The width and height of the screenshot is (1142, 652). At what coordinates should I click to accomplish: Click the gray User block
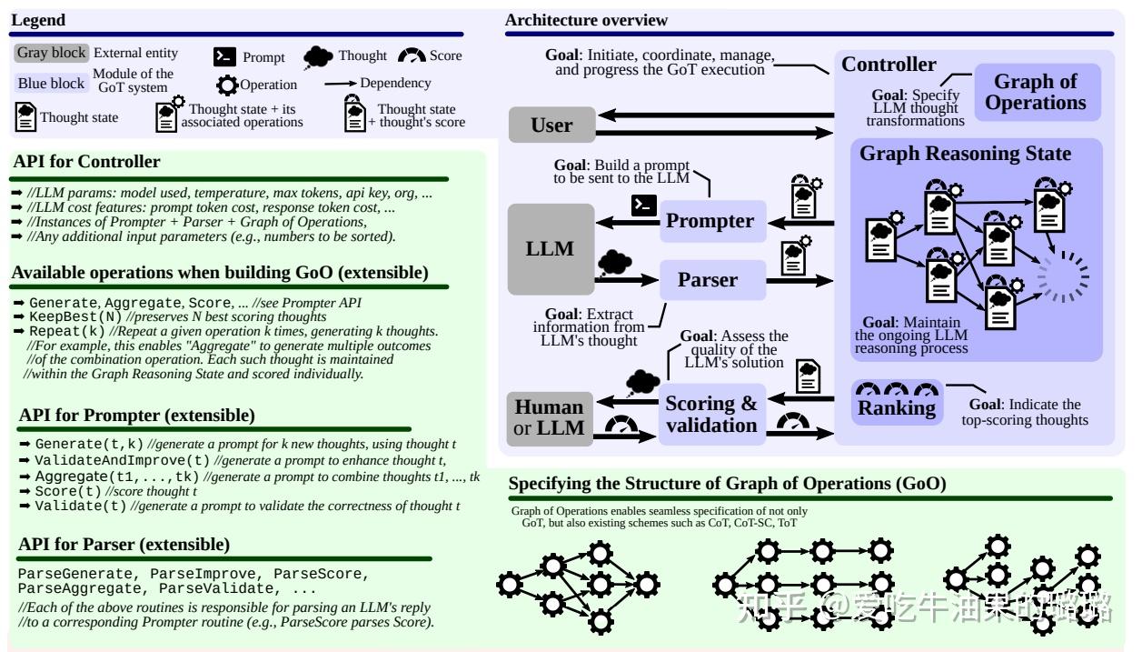[x=551, y=125]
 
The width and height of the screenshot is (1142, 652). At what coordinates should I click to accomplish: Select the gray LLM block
[x=551, y=249]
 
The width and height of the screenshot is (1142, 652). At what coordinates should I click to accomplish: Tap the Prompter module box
[x=713, y=221]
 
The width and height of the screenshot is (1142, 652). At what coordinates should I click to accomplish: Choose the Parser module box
[x=713, y=279]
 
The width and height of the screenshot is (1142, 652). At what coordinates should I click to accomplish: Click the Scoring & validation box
[x=711, y=415]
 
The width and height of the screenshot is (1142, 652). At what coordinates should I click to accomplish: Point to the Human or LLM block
[x=550, y=418]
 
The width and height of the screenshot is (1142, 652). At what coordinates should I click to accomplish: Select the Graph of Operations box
[x=1037, y=92]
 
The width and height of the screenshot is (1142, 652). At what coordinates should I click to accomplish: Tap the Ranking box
[x=897, y=403]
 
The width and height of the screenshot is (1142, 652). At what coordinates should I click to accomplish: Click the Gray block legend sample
[x=51, y=53]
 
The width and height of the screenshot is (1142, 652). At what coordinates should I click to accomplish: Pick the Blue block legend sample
[x=51, y=83]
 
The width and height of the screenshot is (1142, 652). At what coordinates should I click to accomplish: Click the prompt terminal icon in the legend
[x=224, y=56]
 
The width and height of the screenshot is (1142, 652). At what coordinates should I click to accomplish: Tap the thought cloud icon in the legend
[x=318, y=57]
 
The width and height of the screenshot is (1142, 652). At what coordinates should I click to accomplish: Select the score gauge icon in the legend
[x=412, y=55]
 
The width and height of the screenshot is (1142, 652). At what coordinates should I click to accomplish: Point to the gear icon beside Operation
[x=227, y=85]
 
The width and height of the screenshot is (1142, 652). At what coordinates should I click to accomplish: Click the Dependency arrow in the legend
[x=340, y=83]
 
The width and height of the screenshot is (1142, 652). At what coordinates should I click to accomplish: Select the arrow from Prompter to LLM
[x=628, y=222]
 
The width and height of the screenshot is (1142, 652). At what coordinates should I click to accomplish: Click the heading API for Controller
[x=86, y=161]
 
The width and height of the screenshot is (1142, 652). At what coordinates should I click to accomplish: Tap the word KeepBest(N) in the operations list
[x=75, y=316]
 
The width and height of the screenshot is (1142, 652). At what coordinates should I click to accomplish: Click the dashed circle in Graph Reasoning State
[x=1064, y=277]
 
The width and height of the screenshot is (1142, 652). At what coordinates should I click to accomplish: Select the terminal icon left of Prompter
[x=643, y=206]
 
